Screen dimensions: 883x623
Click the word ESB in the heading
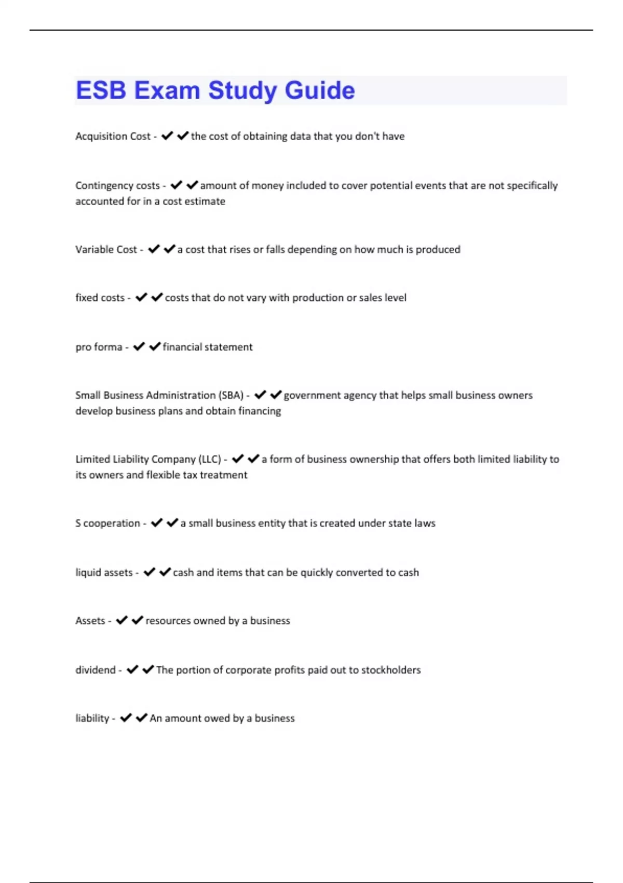[x=101, y=90]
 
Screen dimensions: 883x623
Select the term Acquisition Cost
[x=113, y=136]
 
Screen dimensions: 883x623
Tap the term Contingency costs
[x=117, y=185]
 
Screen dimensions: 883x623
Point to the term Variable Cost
[x=106, y=249]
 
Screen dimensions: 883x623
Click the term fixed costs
[x=100, y=298]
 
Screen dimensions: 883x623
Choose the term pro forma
[x=99, y=347]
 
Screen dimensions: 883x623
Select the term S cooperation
[x=107, y=523]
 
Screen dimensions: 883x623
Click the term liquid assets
[x=104, y=572]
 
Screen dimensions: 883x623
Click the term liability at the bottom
[x=92, y=718]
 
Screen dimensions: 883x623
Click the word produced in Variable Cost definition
[x=438, y=249]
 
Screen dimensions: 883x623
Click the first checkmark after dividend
[x=132, y=670]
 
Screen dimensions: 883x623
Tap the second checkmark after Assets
[x=138, y=620]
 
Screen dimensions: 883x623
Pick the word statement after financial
[x=229, y=347]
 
